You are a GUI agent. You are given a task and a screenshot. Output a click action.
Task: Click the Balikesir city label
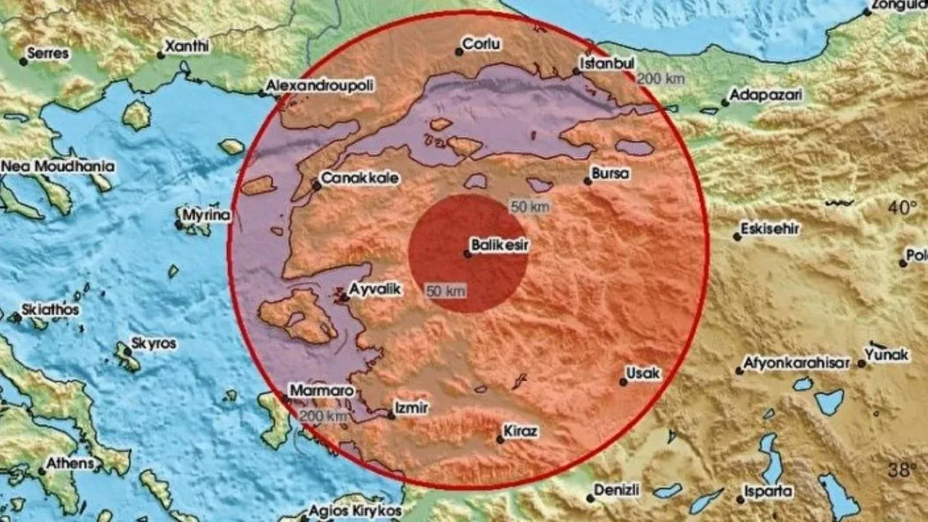(500, 246)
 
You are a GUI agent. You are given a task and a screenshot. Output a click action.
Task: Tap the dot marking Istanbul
(576, 71)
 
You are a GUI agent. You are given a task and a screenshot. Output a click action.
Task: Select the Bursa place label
(610, 174)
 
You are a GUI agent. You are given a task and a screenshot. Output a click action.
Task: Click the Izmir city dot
(391, 415)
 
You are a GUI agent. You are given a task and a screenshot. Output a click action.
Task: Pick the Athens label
(70, 463)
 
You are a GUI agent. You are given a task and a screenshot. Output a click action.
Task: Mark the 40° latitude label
(903, 208)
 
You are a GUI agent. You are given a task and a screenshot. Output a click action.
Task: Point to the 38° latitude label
(903, 470)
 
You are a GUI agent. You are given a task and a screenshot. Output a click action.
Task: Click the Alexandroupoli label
(320, 86)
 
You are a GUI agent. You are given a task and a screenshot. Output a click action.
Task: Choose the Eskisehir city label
(770, 229)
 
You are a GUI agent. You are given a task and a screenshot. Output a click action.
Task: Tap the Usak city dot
(623, 381)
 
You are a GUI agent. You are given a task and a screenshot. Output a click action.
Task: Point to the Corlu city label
(482, 44)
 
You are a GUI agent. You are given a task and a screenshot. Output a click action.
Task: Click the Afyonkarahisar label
(797, 362)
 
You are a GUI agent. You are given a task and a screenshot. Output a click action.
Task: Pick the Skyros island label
(154, 343)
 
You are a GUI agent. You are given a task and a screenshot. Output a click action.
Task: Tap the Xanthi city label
(188, 46)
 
